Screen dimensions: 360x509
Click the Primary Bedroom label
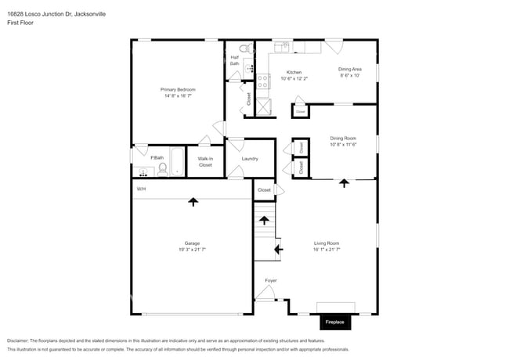[178, 90]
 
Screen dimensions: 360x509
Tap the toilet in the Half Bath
[244, 49]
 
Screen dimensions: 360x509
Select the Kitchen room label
[294, 72]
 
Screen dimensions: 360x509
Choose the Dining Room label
[343, 139]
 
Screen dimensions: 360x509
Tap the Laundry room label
[250, 159]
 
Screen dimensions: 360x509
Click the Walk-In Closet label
[205, 162]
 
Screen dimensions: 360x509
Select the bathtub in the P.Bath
[177, 162]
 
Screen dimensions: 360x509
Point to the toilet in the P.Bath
[162, 167]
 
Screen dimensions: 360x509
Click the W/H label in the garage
[141, 189]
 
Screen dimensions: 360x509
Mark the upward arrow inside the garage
[193, 202]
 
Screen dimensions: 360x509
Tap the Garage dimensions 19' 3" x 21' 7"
[192, 250]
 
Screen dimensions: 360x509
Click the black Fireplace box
[336, 322]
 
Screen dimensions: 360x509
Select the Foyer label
[270, 280]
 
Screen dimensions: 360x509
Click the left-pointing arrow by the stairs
[278, 250]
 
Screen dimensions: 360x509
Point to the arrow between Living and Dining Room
[344, 183]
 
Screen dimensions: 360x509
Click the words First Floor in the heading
[21, 23]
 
